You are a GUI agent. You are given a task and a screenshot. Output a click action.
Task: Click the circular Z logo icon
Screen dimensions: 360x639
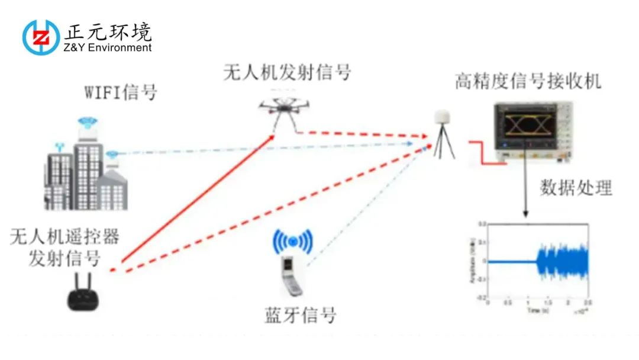click(x=41, y=37)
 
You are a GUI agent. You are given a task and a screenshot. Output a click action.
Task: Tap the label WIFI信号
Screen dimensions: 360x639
click(x=121, y=94)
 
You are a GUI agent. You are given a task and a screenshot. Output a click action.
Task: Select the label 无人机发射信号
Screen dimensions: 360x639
click(x=287, y=72)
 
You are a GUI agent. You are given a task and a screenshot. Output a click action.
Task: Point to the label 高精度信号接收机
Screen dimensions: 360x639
click(x=528, y=81)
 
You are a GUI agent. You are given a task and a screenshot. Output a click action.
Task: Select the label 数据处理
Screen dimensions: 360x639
click(x=576, y=188)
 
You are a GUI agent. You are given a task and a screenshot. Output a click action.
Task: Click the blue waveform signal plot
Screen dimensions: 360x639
click(x=562, y=261)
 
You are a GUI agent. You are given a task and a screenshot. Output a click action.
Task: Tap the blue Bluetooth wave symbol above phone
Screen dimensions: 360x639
click(x=293, y=240)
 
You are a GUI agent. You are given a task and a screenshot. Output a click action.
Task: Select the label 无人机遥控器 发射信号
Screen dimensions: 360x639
click(x=64, y=247)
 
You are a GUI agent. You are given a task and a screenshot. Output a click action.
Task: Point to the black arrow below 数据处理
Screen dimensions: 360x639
click(x=525, y=195)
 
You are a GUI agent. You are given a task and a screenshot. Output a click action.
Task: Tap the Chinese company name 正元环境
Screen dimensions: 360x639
click(x=110, y=30)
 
